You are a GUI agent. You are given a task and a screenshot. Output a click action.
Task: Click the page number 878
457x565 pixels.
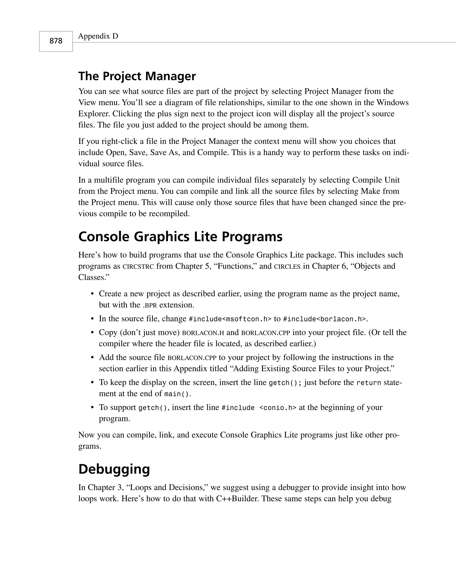pos(56,41)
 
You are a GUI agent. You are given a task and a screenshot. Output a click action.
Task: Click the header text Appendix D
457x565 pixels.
pos(98,36)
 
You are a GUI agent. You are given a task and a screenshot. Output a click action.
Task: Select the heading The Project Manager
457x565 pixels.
pos(137,76)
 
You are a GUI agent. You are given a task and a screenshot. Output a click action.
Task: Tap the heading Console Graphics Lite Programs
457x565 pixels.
pos(180,236)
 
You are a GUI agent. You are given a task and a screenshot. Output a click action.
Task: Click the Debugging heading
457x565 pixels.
pos(114,469)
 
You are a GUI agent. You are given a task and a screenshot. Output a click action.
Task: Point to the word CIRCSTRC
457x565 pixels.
pos(138,267)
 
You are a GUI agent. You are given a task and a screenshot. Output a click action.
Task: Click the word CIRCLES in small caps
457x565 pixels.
pos(287,267)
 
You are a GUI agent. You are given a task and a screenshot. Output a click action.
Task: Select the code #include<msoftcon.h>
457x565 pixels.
pos(230,319)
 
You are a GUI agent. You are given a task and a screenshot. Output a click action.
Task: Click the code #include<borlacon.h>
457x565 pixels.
pos(324,319)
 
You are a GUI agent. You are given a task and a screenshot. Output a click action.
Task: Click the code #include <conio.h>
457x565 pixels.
pos(259,408)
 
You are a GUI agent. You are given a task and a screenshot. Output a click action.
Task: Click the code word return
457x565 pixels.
pos(369,383)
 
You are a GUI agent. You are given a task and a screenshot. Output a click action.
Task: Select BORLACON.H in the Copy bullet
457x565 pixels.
pos(203,333)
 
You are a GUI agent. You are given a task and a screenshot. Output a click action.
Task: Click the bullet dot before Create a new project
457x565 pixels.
pos(92,294)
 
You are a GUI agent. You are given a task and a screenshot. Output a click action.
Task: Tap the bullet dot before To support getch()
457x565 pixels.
pos(92,408)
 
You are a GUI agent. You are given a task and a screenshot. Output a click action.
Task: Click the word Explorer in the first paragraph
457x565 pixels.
pos(94,114)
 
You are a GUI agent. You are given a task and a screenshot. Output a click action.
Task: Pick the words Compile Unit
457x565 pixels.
pos(376,180)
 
